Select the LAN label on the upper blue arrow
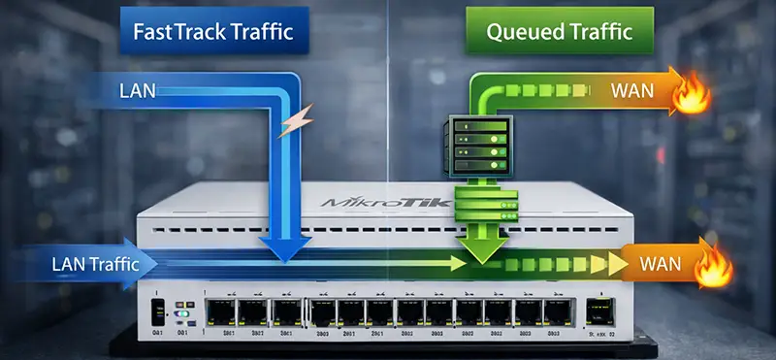click(x=135, y=92)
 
